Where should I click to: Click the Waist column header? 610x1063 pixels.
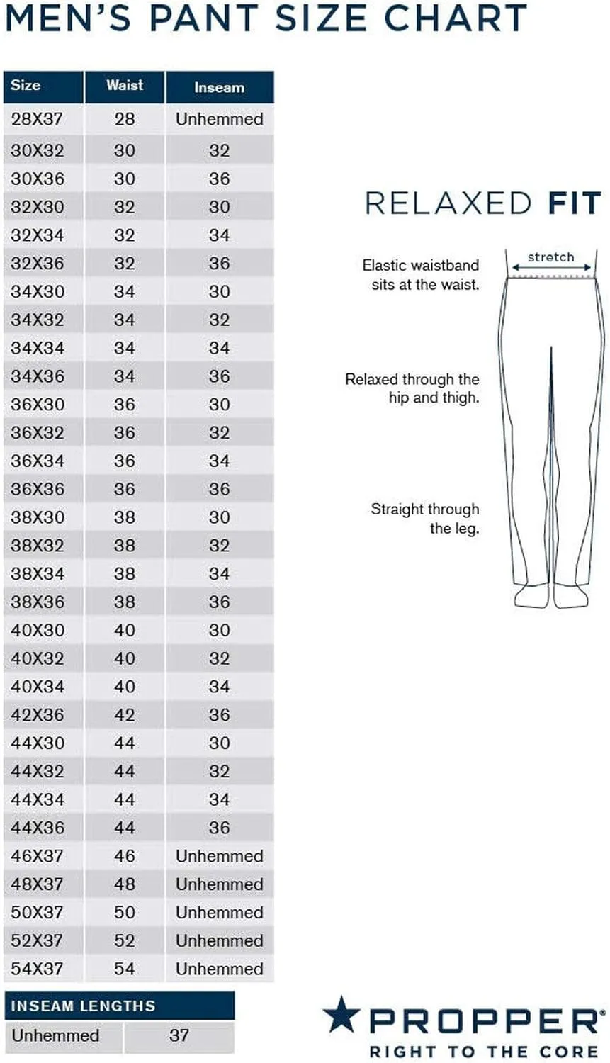(x=125, y=86)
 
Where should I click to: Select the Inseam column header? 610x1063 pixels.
(x=219, y=88)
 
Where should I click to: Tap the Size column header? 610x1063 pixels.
(x=26, y=86)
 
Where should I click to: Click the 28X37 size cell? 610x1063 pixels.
(x=37, y=119)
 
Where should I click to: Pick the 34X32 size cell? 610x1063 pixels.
(x=37, y=320)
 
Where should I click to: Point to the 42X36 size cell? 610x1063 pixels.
(x=37, y=715)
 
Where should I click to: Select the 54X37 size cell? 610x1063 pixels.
(x=37, y=969)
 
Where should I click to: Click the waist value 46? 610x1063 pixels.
(x=125, y=856)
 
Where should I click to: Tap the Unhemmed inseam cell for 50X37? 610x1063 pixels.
(x=219, y=913)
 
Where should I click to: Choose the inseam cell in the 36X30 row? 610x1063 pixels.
(x=219, y=405)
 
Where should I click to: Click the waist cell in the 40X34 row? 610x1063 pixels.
(x=125, y=687)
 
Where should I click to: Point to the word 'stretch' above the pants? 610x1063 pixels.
(x=550, y=257)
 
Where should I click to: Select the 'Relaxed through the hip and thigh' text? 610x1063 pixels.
(x=412, y=388)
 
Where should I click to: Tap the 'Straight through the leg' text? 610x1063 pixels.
(x=425, y=519)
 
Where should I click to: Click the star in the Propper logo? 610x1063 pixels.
(x=341, y=1014)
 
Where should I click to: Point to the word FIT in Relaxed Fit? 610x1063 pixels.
(x=574, y=203)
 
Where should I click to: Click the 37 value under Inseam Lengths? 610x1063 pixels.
(x=179, y=1035)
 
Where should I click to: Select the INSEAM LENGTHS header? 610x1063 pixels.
(x=83, y=1006)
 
